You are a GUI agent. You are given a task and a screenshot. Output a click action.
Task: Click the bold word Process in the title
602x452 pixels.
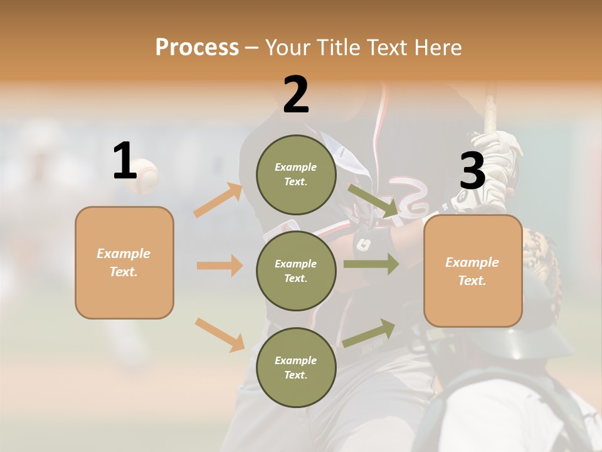pos(197,47)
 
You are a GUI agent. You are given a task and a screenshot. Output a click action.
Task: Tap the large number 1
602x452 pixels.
pos(125,161)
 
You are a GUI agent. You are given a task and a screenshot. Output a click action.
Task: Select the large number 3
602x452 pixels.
pos(472,171)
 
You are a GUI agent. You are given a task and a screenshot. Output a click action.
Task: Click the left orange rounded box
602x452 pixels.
pos(124,262)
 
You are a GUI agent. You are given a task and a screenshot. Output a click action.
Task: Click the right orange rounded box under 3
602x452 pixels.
pos(473,271)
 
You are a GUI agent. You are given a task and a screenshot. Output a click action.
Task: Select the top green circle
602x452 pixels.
pos(296,175)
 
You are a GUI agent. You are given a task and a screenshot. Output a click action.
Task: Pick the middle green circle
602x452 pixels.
pos(296,271)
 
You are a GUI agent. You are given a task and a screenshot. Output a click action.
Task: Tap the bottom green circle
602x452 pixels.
pos(296,367)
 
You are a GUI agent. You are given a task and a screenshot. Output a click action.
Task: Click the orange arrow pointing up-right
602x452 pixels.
pos(218,200)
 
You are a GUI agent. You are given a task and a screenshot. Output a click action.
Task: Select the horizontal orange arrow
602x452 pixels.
pos(219,266)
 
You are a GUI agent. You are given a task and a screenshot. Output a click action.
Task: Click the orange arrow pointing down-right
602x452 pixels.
pos(219,335)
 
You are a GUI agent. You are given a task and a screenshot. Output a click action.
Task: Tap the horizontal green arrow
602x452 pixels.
pos(371,264)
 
